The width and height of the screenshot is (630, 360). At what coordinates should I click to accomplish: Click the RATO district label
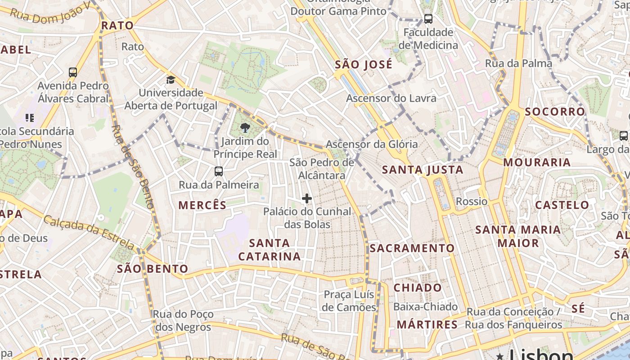coord(117,26)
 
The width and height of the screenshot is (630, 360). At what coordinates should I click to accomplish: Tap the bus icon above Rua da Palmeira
coord(219,171)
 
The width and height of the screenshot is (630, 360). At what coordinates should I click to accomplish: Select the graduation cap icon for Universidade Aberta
coord(171,80)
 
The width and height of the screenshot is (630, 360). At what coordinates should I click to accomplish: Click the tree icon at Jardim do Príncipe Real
coord(245,128)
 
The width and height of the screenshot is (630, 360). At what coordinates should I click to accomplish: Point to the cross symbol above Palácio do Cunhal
coord(307,198)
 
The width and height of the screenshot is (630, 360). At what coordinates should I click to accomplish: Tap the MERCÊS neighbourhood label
coord(202,206)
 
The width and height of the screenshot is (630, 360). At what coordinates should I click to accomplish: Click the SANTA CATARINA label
coord(269,250)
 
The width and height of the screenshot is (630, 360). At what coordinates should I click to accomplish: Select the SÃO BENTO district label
coord(153,269)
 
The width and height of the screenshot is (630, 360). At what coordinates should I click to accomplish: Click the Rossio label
coord(472,201)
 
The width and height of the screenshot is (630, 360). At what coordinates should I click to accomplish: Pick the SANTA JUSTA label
coord(423,170)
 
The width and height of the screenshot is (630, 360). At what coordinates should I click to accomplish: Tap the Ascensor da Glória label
coord(372,144)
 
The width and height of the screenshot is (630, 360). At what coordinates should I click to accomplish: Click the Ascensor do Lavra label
coord(391,98)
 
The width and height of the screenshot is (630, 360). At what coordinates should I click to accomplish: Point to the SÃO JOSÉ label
coord(364,65)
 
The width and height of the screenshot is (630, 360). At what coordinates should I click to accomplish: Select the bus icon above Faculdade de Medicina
coord(428,19)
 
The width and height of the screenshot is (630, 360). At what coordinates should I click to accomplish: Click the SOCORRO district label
coord(555,112)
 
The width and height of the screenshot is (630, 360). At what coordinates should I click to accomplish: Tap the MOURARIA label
coord(537,162)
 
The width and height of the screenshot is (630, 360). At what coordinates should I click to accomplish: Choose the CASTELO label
coord(562,205)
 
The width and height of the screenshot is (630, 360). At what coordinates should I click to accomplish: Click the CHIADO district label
coord(418,288)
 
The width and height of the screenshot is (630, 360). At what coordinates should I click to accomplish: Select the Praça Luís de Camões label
coord(349,301)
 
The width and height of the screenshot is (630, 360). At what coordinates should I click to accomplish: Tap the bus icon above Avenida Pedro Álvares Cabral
coord(73,72)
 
